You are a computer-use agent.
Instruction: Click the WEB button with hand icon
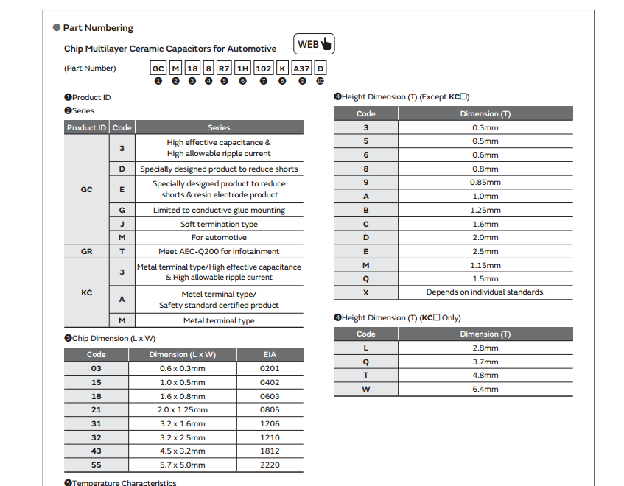[x=314, y=44]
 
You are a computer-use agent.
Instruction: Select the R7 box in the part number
[x=224, y=68]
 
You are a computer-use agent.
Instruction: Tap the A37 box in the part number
[x=301, y=68]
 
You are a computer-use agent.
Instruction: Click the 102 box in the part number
[x=263, y=68]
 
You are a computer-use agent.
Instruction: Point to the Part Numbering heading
[x=98, y=28]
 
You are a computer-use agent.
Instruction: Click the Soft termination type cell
[x=219, y=224]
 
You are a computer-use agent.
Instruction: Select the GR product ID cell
[x=86, y=251]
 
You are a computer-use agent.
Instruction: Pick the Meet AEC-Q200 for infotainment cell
[x=219, y=251]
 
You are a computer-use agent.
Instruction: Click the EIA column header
[x=270, y=354]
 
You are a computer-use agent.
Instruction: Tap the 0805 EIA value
[x=270, y=409]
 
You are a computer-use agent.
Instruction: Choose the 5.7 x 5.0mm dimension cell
[x=183, y=465]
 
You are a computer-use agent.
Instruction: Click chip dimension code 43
[x=97, y=451]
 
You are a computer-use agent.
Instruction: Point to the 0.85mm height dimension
[x=485, y=183]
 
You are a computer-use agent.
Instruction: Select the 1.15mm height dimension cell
[x=485, y=265]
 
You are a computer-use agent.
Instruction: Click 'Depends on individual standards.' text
[x=485, y=292]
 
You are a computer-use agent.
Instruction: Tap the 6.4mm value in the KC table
[x=485, y=389]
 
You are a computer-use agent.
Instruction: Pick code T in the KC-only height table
[x=366, y=375]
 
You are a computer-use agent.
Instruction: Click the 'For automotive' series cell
[x=219, y=237]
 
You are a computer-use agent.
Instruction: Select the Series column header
[x=219, y=127]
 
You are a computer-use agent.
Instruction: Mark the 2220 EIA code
[x=270, y=465]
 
